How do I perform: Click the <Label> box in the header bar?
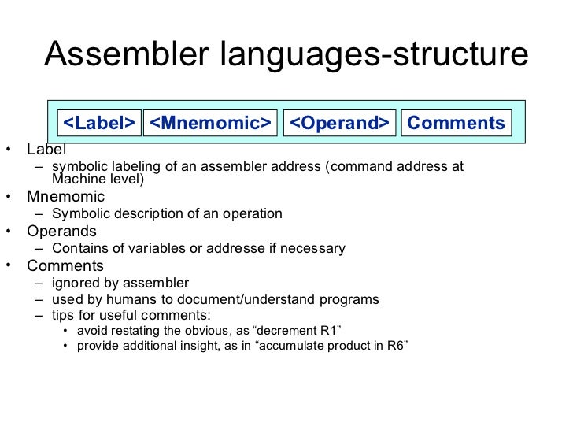coord(99,124)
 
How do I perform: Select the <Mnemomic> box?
coord(210,124)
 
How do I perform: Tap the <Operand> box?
coord(339,124)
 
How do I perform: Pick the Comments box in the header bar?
coord(456,124)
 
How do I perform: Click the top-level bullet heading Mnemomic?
coord(65,197)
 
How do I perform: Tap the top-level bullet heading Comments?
coord(65,266)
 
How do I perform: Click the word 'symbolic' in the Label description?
coord(76,167)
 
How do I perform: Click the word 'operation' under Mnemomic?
coord(253,214)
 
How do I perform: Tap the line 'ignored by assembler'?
coord(120,284)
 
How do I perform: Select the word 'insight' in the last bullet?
coord(220,347)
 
